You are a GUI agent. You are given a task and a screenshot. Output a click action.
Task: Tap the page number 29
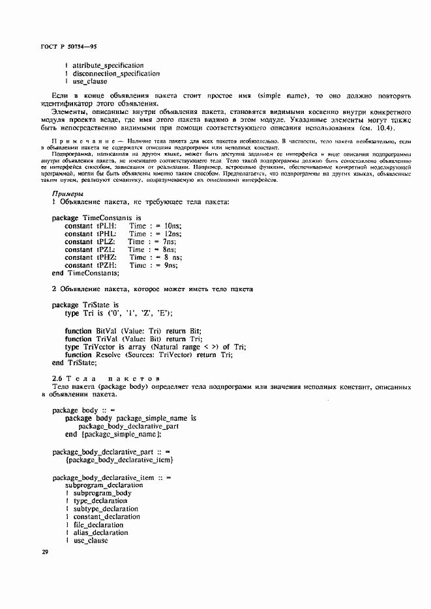(45, 552)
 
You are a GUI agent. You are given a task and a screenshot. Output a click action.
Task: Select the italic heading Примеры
(67, 194)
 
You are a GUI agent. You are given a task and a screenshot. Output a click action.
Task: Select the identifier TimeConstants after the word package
(108, 218)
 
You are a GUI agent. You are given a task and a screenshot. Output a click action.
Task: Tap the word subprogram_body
(102, 494)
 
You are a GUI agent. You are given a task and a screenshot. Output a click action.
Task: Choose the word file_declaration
(98, 525)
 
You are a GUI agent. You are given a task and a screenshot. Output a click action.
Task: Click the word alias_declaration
(100, 533)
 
